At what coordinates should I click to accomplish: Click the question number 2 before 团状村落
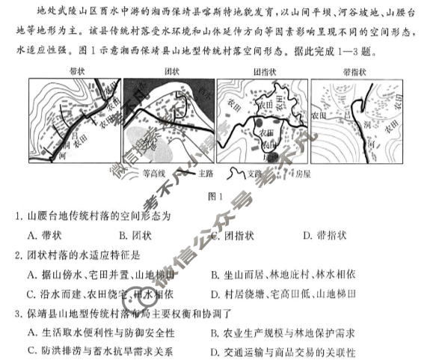click(x=17, y=254)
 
